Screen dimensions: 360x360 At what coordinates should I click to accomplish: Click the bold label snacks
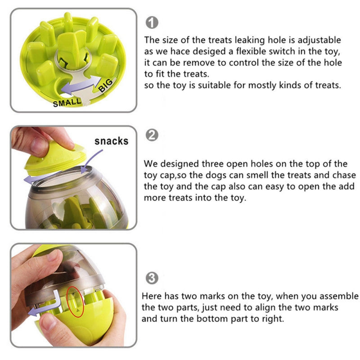(111, 141)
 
